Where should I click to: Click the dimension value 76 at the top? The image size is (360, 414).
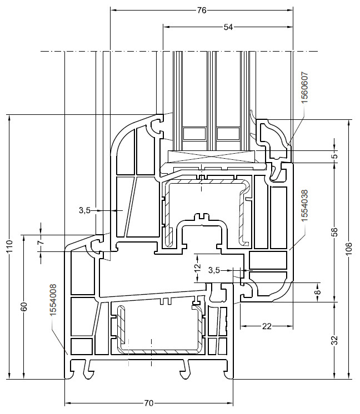202,11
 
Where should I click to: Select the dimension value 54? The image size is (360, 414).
228,27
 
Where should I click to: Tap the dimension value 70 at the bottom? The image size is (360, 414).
149,403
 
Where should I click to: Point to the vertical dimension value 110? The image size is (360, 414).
9,246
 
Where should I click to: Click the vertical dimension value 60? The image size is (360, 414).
24,306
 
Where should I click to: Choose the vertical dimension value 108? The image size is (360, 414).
349,249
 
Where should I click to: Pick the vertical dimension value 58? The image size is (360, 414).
334,232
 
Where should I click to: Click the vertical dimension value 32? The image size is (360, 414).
334,340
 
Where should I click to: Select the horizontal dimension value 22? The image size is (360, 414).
267,327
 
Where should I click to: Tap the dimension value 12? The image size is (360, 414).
198,267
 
